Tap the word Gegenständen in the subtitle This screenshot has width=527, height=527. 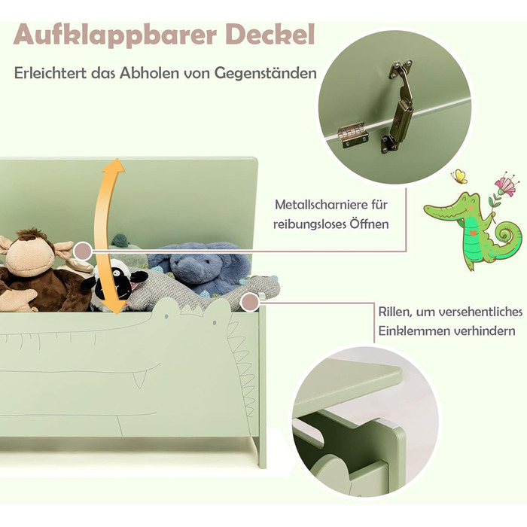pyautogui.click(x=267, y=74)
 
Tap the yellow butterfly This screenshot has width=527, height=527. pyautogui.click(x=459, y=176)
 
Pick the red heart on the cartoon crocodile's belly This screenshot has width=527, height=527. pyautogui.click(x=473, y=233)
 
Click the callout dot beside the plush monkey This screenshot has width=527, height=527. pyautogui.click(x=82, y=251)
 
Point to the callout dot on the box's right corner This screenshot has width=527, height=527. pyautogui.click(x=250, y=302)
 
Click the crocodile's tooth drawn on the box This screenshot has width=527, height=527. pyautogui.click(x=139, y=379)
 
